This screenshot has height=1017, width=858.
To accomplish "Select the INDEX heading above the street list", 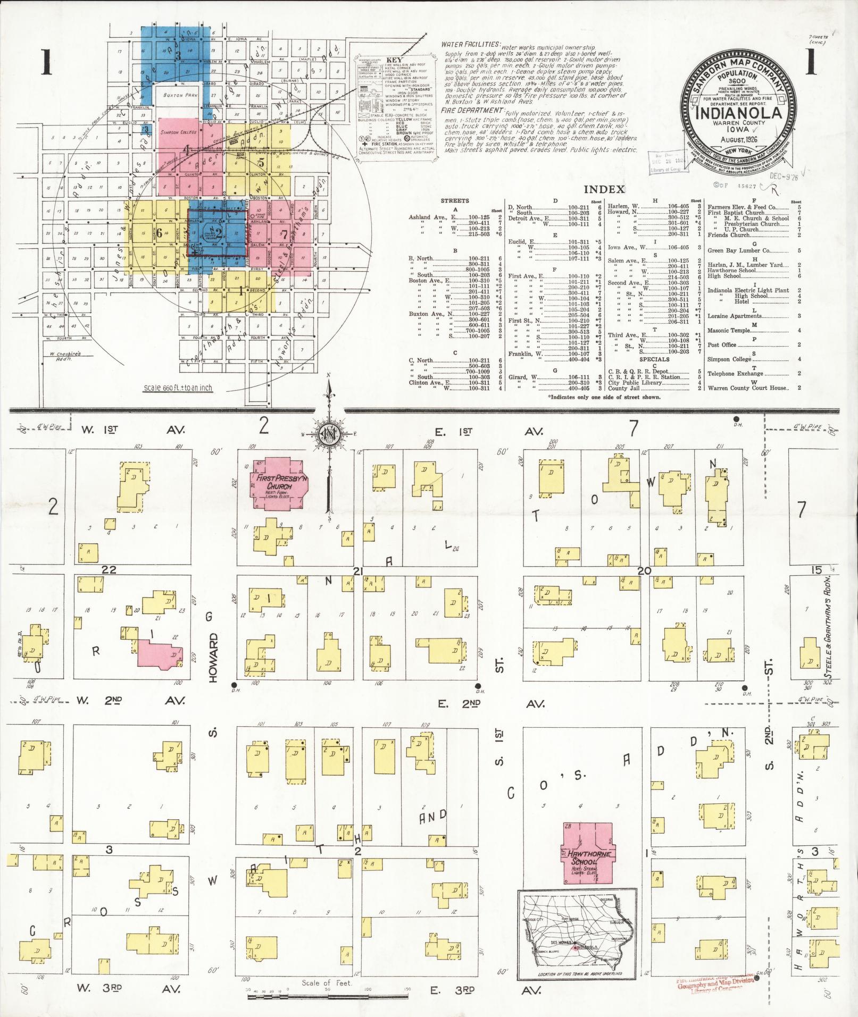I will point(604,190).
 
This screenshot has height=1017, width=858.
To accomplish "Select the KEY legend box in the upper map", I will point(394,106).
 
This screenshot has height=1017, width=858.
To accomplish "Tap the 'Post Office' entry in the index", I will point(722,345).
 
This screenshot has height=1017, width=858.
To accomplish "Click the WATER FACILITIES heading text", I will point(470,44).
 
